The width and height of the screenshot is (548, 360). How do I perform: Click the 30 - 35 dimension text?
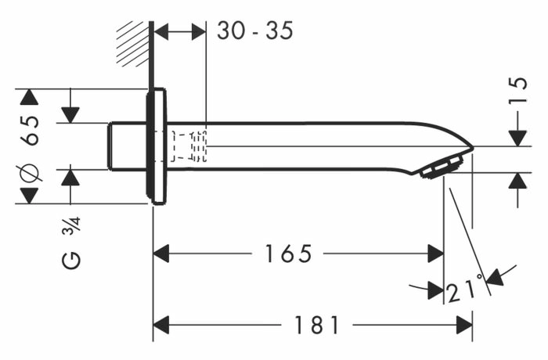(254, 31)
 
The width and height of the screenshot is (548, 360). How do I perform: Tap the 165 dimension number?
(288, 254)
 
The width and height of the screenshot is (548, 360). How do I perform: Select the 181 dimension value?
(317, 325)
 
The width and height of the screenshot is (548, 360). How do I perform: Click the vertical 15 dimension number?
(518, 90)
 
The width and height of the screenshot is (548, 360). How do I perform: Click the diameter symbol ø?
(30, 173)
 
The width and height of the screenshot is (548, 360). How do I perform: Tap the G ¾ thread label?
(71, 243)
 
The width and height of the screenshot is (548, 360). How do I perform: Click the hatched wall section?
(133, 44)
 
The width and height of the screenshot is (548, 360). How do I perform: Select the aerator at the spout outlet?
(442, 167)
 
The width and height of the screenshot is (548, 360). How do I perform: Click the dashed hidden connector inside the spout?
(189, 146)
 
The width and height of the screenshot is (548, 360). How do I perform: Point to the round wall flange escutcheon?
(156, 146)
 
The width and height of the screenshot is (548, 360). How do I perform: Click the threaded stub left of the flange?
(127, 146)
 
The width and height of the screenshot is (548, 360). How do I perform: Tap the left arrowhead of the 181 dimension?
(161, 325)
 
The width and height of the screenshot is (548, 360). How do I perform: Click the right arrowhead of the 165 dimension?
(436, 254)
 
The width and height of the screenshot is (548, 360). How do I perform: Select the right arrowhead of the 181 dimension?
(464, 325)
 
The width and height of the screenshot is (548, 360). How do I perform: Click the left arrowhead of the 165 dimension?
(161, 254)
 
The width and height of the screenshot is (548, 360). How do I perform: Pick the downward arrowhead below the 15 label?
(517, 138)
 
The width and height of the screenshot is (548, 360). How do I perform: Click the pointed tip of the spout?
(473, 148)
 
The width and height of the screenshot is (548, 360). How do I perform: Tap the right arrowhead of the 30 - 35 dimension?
(199, 32)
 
